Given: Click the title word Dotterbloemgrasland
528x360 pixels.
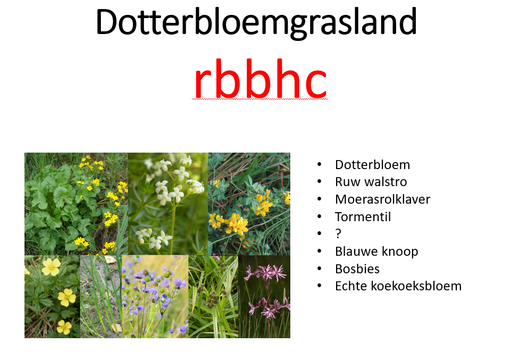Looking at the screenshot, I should click(x=256, y=22).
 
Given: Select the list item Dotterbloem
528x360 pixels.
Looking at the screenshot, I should click(x=372, y=165).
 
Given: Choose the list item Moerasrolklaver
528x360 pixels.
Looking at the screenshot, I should click(x=382, y=199).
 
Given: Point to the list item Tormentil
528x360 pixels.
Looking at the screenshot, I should click(x=363, y=217).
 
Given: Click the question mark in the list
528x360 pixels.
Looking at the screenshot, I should click(x=338, y=234).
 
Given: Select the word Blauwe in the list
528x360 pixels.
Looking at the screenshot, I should click(x=354, y=252).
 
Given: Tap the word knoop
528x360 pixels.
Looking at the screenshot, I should click(x=398, y=252).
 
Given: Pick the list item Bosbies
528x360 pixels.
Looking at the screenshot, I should click(x=357, y=269).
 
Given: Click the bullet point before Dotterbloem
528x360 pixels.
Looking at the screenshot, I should click(x=319, y=165).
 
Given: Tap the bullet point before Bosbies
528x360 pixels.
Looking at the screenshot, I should click(x=319, y=269).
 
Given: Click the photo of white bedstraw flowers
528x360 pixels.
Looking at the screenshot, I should click(x=168, y=203).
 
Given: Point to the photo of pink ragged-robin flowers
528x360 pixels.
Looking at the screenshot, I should click(x=264, y=296).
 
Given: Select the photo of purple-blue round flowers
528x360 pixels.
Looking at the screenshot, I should click(x=155, y=296).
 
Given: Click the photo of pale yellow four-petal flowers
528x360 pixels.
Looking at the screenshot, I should click(x=52, y=296).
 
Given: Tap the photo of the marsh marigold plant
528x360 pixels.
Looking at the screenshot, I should click(x=76, y=203).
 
